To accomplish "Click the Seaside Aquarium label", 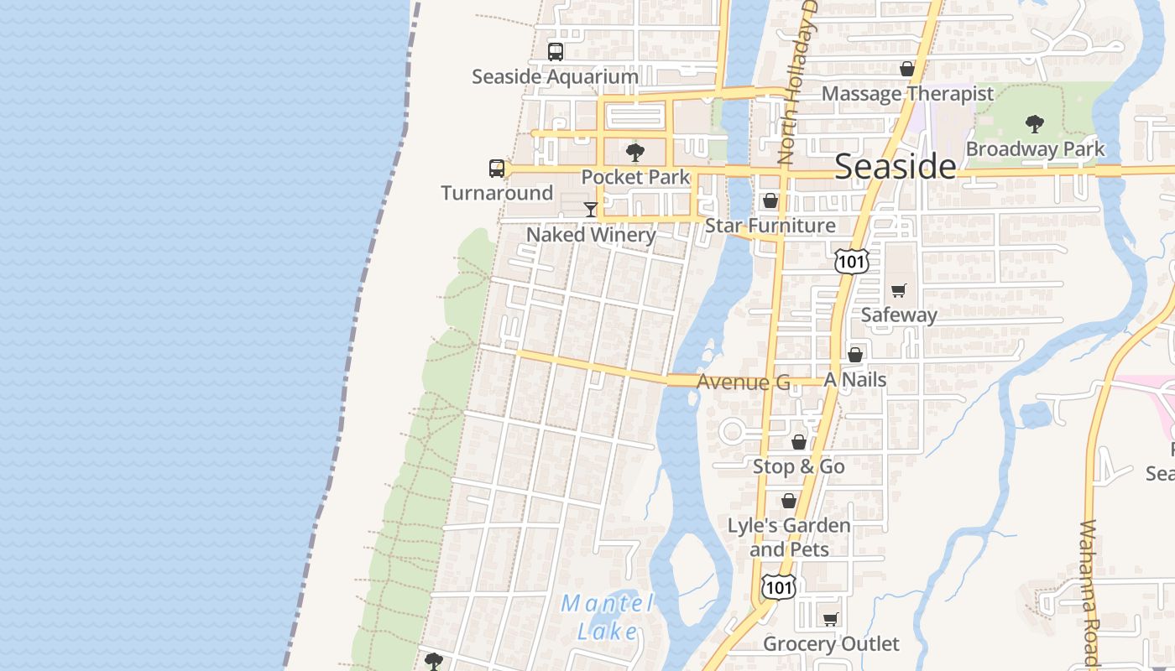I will point(555,76).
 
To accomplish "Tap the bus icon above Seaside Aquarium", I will point(556,52).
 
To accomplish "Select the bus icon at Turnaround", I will point(497,169).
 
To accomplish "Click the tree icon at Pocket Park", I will point(635,153).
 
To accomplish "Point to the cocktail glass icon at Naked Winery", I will point(591,209).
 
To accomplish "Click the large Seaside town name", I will point(895,167).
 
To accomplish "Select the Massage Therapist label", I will point(907,93).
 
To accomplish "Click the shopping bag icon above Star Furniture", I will point(770,201).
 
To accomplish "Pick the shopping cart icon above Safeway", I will point(899,291).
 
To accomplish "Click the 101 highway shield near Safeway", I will point(851,261).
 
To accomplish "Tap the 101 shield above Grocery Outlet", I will point(777,587).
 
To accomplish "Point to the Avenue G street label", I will point(744,382).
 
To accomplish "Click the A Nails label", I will point(854,380).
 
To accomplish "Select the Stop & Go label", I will point(798,466).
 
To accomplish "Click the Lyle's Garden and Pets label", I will point(789,538).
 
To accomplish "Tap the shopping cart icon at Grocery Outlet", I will point(830,620).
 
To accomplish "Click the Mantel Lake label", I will point(608,616).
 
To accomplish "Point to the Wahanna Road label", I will point(1088,592).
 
